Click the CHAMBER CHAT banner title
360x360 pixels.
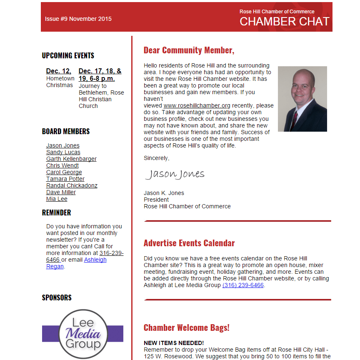pos(284,21)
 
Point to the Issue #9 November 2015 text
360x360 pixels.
pos(78,19)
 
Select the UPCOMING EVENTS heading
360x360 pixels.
pos(68,55)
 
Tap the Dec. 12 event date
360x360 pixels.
pos(59,71)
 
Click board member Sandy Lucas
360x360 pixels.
pos(63,152)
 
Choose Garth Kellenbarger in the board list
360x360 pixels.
pos(71,159)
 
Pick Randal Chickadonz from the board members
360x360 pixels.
pos(72,185)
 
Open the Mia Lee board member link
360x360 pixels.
pos(57,199)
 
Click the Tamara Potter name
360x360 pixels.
pos(65,179)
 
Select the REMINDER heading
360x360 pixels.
pos(56,212)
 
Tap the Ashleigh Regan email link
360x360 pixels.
pos(95,260)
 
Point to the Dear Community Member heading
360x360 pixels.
pos(189,50)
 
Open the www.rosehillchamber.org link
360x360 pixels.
pos(197,105)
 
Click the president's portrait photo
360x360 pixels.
pos(302,99)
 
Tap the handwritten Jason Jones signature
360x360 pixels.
pos(175,174)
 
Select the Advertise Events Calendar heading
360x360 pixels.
pos(189,243)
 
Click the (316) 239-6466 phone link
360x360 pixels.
pos(243,285)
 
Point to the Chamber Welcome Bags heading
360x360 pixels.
pos(186,327)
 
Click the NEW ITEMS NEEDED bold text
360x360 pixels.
pos(174,342)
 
